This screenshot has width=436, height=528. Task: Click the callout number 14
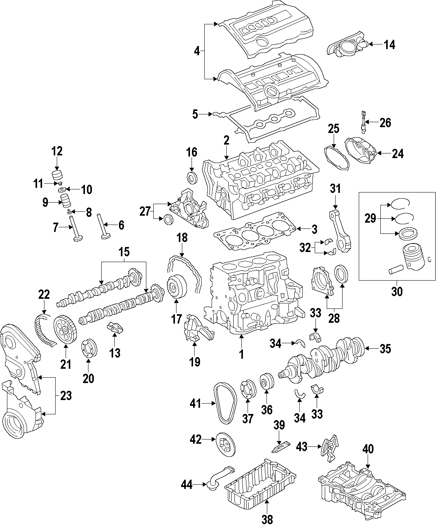click(x=389, y=45)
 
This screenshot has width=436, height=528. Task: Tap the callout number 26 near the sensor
click(x=385, y=123)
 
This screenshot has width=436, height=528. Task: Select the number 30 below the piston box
click(x=397, y=291)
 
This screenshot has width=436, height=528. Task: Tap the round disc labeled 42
click(x=224, y=444)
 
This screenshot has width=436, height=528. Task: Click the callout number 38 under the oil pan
click(x=267, y=519)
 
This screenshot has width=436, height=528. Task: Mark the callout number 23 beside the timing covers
click(x=66, y=395)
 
